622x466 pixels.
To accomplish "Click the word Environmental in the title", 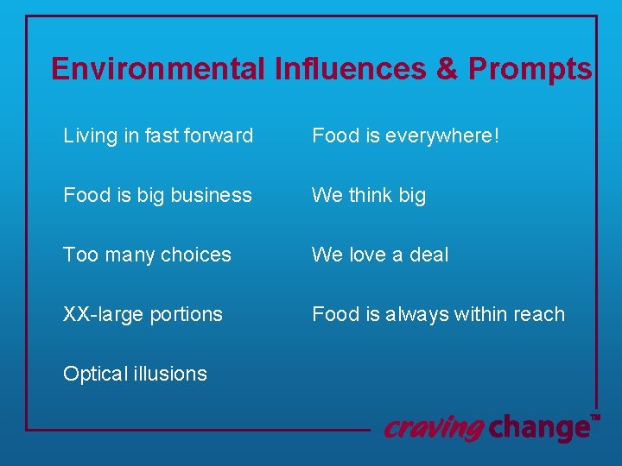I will point(158,69).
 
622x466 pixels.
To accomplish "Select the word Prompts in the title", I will point(530,69).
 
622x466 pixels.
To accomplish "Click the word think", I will point(370,195).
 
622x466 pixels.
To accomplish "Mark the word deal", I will point(429,255).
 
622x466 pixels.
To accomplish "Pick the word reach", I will point(540,314).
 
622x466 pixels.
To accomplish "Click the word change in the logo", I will point(538,427).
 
